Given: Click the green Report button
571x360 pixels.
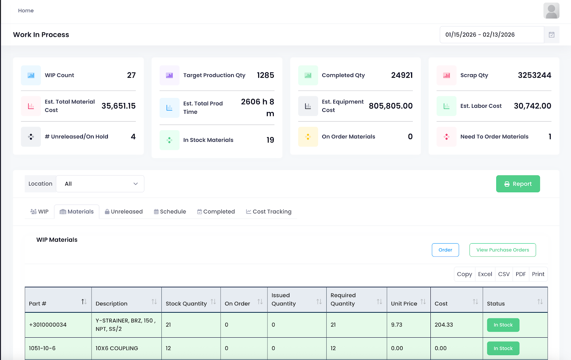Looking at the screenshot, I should point(518,184).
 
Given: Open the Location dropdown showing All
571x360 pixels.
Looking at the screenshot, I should point(100,184).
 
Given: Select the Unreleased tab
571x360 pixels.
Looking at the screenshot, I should point(123,212).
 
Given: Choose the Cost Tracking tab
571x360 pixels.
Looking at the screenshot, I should point(269,212).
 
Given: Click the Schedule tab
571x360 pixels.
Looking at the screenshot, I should point(170,212).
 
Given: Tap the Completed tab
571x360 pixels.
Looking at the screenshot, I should point(216,212).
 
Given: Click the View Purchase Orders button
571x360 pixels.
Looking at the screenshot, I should point(502,250).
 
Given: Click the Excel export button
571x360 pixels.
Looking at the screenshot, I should point(485,274).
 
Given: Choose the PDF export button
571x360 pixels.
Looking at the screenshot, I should point(520,274).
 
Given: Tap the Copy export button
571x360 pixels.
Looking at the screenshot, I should point(464,274).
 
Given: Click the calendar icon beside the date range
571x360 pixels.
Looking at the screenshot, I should point(551,35).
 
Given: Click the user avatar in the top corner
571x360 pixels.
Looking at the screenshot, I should point(551,11).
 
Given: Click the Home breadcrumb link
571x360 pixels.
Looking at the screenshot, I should point(26,11).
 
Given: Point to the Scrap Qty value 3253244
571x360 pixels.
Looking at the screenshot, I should point(534,75).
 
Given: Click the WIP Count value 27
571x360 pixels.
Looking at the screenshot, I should point(131,75).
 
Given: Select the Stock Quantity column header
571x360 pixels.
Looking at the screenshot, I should point(186,303).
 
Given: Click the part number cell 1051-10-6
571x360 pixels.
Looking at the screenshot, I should point(42,348).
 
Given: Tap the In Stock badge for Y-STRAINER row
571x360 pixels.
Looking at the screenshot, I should point(503,325).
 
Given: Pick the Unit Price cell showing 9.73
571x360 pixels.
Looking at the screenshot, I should point(397,325).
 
